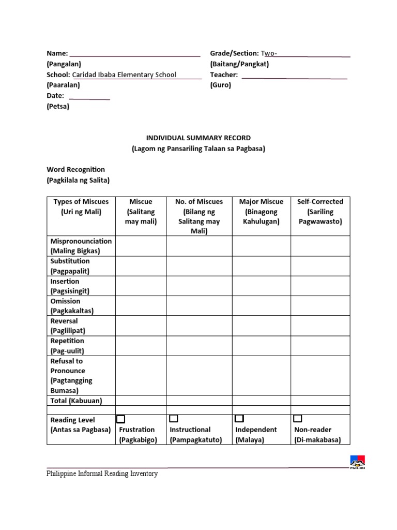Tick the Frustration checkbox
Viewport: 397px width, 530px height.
point(121,419)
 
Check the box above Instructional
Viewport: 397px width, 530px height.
point(174,418)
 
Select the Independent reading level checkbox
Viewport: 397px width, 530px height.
point(239,418)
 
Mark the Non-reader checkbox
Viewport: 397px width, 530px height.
point(298,418)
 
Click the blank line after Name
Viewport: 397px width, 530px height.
point(134,54)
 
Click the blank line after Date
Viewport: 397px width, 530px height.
point(89,98)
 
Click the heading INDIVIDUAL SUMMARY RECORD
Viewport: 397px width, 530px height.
point(198,138)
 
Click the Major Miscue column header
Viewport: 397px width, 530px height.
point(261,212)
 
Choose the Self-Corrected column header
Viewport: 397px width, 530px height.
point(320,212)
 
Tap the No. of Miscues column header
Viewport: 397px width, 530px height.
point(199,216)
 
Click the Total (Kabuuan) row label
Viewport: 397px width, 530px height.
point(76,401)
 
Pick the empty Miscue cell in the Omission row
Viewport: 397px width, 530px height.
point(141,306)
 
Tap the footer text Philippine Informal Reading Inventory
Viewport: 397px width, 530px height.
point(102,474)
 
